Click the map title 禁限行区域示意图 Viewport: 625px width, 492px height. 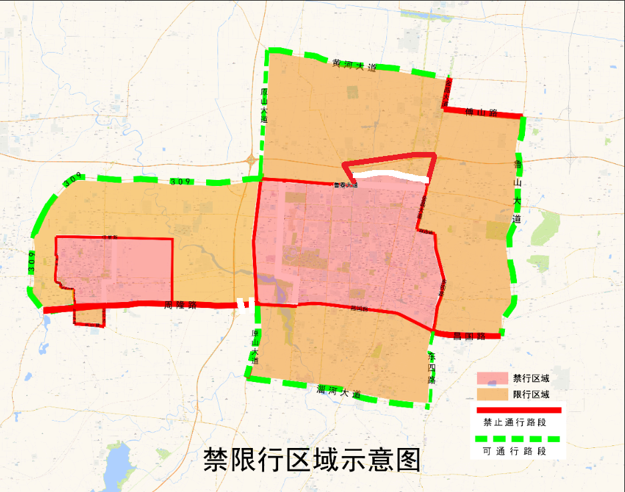click(x=312, y=460)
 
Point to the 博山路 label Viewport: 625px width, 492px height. click(x=482, y=113)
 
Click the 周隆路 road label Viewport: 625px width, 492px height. click(x=180, y=305)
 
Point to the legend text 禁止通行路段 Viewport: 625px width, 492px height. click(x=514, y=422)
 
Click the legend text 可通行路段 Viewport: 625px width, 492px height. click(x=514, y=451)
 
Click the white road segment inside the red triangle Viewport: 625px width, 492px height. click(x=390, y=175)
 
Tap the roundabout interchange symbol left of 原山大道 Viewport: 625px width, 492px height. click(x=250, y=160)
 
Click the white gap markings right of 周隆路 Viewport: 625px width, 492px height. click(x=244, y=304)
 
